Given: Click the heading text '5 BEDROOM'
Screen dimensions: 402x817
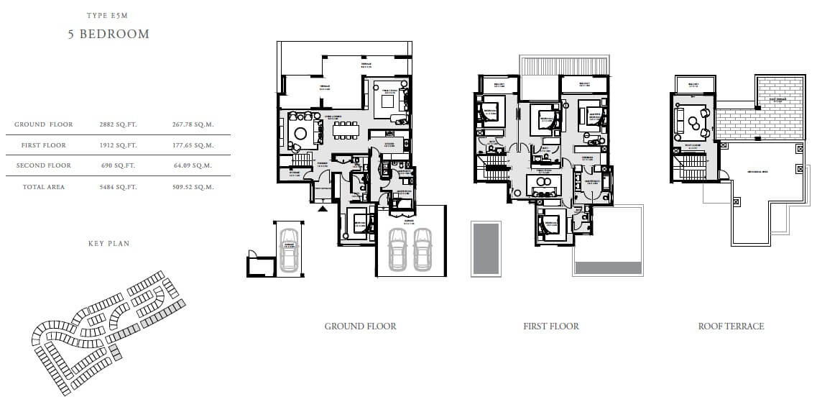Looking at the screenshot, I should click(109, 34).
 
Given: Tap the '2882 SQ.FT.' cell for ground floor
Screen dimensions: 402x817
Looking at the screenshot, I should click(118, 124).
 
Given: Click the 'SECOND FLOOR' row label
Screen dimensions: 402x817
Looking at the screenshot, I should click(44, 166).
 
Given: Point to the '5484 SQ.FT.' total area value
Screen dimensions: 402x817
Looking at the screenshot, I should click(118, 187).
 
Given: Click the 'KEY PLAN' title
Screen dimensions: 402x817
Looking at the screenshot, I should click(109, 244).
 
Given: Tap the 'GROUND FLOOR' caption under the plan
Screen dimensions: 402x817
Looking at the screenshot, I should click(360, 326).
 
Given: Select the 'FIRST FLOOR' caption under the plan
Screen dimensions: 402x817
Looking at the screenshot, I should click(551, 326).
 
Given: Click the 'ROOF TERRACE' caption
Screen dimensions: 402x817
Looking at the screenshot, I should click(731, 326).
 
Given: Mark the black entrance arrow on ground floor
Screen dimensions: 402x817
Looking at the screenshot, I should click(323, 208).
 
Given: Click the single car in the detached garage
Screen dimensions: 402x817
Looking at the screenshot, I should click(289, 249).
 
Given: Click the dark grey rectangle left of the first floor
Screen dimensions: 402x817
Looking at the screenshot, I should click(486, 248).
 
